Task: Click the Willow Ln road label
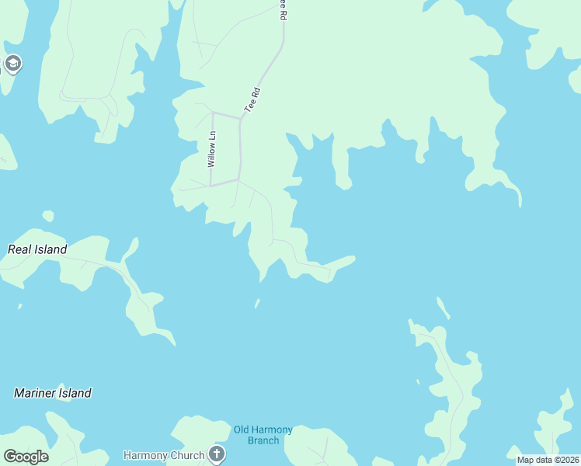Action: [210, 150]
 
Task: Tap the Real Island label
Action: [37, 249]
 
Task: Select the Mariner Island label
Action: [53, 393]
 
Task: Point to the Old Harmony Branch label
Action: [263, 435]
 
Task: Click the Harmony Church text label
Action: [164, 454]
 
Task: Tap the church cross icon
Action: [217, 454]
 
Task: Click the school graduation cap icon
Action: [12, 63]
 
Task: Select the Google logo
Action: [26, 457]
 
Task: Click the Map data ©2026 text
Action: [548, 460]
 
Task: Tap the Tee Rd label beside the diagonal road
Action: [252, 102]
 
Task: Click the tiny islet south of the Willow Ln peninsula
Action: [257, 303]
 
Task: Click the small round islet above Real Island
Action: [48, 215]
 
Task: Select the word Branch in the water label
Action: [263, 440]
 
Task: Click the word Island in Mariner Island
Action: [72, 393]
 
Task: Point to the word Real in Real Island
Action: [19, 249]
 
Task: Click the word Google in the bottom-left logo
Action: [26, 457]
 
